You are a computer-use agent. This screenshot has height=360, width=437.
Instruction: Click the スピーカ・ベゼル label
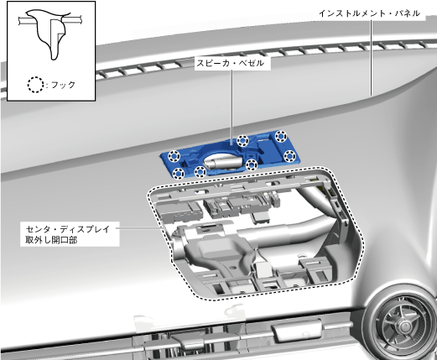pyautogui.click(x=230, y=63)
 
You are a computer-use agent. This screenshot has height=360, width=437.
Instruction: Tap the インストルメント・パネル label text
pyautogui.click(x=370, y=13)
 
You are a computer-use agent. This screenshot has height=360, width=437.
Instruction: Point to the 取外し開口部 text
pyautogui.click(x=51, y=240)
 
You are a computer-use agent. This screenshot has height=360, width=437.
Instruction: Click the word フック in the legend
pyautogui.click(x=64, y=85)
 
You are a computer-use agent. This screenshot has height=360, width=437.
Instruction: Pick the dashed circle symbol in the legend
pyautogui.click(x=35, y=85)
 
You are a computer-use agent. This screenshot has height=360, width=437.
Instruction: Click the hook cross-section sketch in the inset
pyautogui.click(x=50, y=34)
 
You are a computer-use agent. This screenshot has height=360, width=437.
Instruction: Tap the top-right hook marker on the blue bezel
pyautogui.click(x=281, y=136)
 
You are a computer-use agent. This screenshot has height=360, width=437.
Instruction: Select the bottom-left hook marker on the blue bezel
pyautogui.click(x=178, y=174)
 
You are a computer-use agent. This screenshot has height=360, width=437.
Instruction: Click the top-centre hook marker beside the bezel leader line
pyautogui.click(x=242, y=140)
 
